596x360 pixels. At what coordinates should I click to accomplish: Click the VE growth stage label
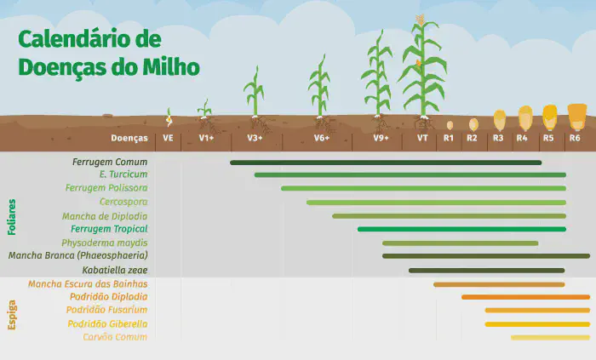(168, 137)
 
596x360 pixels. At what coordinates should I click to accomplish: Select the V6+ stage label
(321, 137)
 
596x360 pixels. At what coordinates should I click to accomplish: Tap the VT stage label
(421, 137)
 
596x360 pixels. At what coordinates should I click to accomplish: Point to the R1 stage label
(449, 137)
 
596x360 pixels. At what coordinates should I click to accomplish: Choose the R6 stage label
(576, 137)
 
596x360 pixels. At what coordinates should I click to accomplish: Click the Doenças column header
(129, 137)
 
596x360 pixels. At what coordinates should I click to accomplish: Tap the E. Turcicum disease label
(123, 174)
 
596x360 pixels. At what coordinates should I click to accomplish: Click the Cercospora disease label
(123, 202)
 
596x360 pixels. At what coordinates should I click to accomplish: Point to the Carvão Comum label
(115, 337)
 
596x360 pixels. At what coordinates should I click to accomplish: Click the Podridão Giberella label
(108, 323)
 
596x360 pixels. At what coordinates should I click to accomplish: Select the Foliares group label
(12, 215)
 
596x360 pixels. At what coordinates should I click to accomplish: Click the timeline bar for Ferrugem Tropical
(461, 229)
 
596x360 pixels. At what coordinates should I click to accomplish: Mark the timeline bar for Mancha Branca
(485, 255)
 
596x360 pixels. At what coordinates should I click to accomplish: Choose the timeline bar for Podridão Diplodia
(525, 297)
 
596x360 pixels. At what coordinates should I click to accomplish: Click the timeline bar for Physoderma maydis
(460, 243)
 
